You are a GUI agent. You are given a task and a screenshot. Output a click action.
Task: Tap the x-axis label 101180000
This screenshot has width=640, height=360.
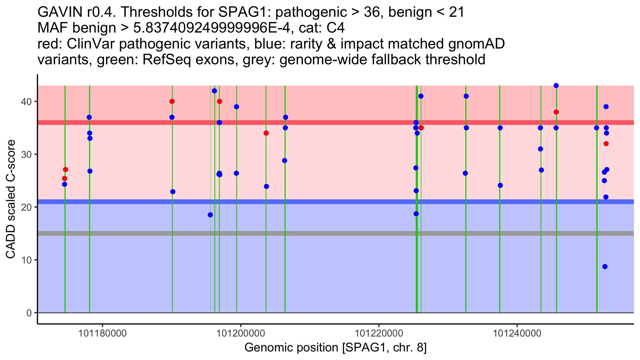pos(102,333)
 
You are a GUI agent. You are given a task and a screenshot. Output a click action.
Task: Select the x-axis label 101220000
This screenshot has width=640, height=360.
pos(379,333)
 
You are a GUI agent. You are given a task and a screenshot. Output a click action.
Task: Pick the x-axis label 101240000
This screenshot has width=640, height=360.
pos(517,333)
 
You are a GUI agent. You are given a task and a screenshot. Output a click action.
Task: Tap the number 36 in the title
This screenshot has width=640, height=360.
pos(372,12)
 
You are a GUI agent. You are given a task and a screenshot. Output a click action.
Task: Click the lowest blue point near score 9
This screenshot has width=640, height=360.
pos(605,267)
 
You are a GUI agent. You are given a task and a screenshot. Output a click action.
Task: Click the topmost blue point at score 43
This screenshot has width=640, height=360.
pos(556,86)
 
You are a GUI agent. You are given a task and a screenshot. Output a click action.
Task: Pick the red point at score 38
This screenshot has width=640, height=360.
pos(556,112)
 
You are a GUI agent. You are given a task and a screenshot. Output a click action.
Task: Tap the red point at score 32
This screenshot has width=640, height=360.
pos(606,144)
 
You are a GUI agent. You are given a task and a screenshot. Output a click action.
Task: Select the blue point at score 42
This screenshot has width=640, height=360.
pos(214,91)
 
